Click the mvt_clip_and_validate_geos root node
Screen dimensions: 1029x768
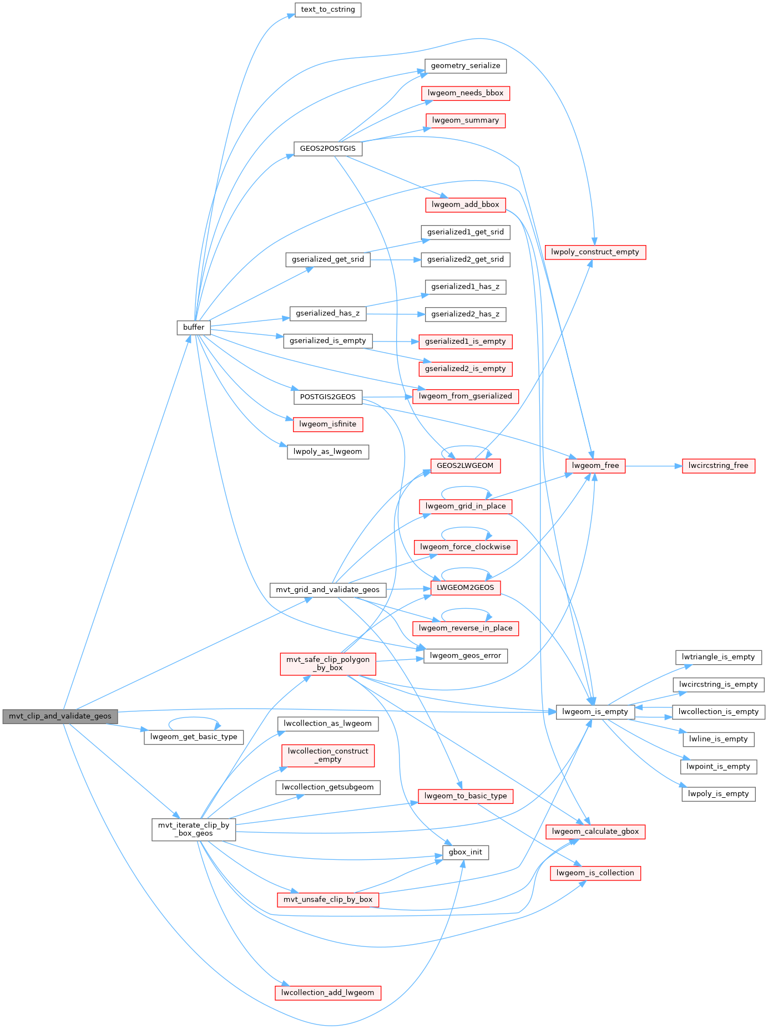click(x=60, y=716)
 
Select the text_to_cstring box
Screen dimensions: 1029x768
click(x=328, y=9)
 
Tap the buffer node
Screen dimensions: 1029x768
click(x=194, y=327)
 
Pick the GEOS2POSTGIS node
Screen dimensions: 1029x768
click(x=327, y=149)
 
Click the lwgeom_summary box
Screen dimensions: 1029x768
click(x=466, y=120)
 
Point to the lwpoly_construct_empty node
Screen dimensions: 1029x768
click(x=595, y=252)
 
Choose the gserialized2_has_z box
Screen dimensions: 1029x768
click(x=465, y=314)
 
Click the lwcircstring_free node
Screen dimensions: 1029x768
click(x=718, y=466)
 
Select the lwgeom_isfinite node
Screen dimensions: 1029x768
click(x=328, y=424)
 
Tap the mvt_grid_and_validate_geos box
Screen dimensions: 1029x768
click(x=327, y=589)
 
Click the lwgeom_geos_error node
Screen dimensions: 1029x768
click(x=465, y=655)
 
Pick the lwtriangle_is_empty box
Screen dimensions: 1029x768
click(x=718, y=657)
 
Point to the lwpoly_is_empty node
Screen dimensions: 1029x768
click(x=718, y=793)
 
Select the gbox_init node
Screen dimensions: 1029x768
click(x=465, y=852)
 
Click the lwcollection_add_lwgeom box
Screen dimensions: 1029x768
click(x=328, y=992)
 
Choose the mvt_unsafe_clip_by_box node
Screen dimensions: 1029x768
click(x=328, y=899)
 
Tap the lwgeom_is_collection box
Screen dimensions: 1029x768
click(x=595, y=873)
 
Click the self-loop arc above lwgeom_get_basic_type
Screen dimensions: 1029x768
click(x=194, y=719)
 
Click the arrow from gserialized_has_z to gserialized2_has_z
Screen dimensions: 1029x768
click(x=395, y=314)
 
